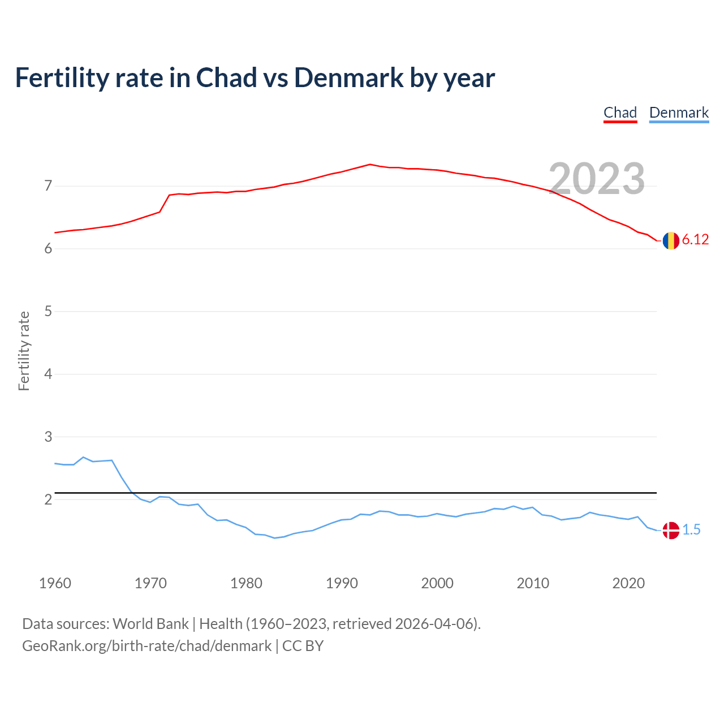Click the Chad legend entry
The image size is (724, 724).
620,113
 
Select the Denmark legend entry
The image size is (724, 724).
679,113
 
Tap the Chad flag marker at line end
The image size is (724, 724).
671,240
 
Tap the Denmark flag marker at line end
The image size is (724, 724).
671,531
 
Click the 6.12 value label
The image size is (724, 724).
695,240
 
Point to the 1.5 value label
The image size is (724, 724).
691,530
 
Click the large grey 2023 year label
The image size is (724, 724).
597,179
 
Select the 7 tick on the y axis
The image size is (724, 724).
48,186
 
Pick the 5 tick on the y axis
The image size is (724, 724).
48,311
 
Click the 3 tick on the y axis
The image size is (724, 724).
48,437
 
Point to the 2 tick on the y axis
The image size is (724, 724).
48,499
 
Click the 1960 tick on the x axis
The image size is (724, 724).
55,583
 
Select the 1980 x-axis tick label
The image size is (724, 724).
246,583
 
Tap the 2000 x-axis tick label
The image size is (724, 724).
437,583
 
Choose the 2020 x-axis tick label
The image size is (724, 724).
628,583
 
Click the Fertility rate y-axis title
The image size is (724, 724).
24,351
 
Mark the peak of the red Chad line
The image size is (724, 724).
370,164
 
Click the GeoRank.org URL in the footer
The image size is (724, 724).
146,646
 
